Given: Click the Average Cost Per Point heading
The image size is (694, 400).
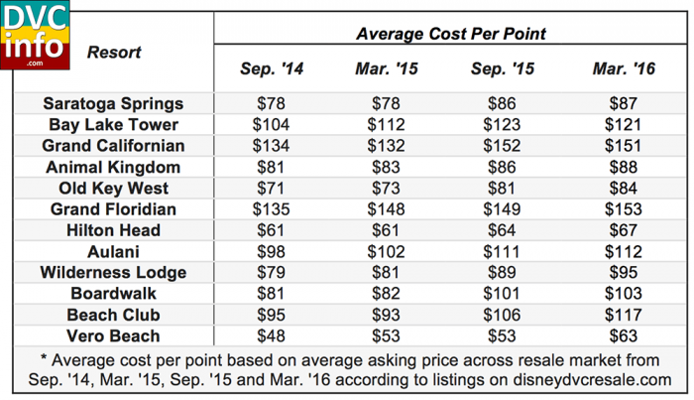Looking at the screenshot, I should [451, 34].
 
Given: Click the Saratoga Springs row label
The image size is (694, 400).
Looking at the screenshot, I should [113, 104].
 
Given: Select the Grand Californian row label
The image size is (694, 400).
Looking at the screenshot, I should [113, 146].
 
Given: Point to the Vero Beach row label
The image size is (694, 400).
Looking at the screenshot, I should [113, 335].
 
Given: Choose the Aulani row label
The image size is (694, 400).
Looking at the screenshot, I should [113, 251].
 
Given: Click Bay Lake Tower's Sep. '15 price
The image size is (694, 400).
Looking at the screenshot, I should [502, 125].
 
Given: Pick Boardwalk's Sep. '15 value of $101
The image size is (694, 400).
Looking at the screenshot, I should [502, 294].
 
